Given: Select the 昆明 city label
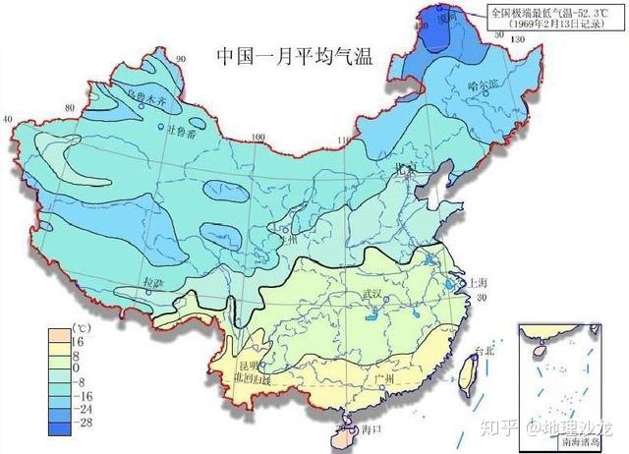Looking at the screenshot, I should (x=243, y=351).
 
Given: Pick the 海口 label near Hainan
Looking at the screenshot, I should (x=369, y=429).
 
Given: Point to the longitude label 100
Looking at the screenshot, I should (x=258, y=139).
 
